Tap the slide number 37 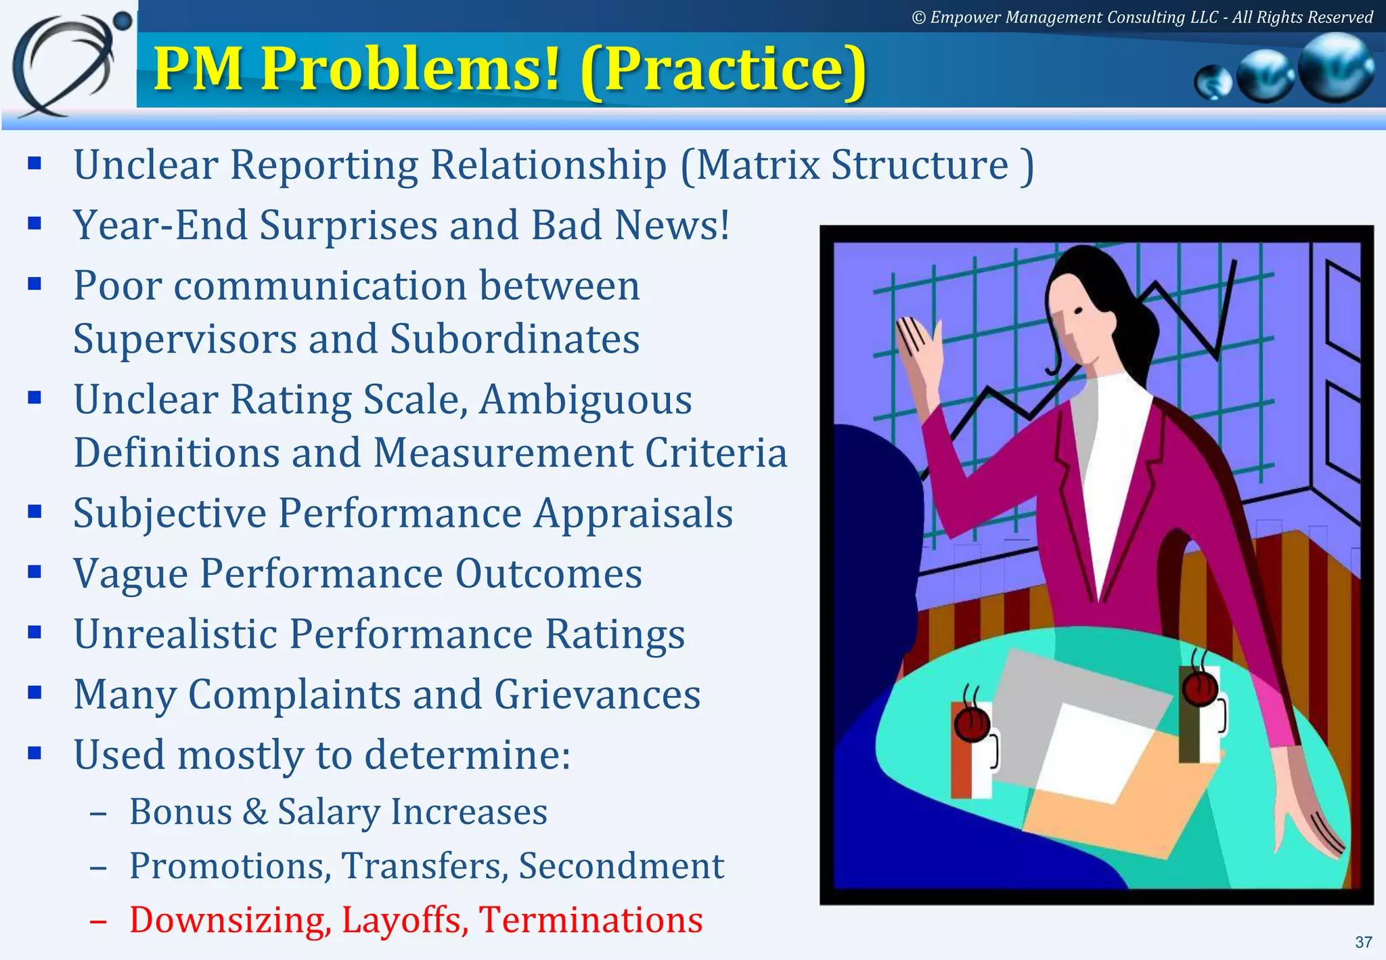[x=1364, y=942]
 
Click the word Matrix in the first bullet [x=758, y=165]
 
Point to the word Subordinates [x=514, y=339]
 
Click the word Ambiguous [x=585, y=399]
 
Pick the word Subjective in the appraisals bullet [x=170, y=513]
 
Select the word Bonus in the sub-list [x=181, y=811]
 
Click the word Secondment [x=621, y=865]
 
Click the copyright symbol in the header [x=918, y=18]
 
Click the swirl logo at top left [x=68, y=64]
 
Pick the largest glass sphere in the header [x=1336, y=68]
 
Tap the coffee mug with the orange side [x=973, y=751]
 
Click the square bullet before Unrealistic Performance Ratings [x=35, y=632]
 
